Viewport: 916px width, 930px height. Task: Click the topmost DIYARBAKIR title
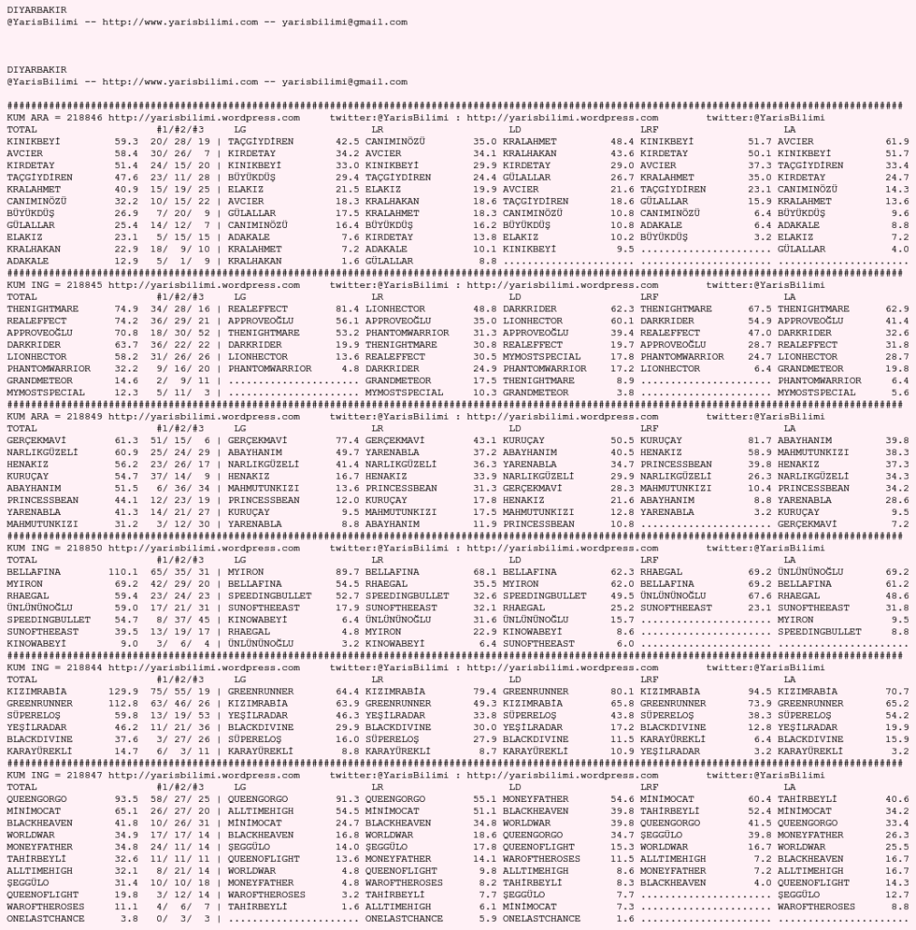click(36, 10)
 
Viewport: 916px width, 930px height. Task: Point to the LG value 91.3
click(348, 799)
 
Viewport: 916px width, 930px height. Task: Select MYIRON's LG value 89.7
click(348, 571)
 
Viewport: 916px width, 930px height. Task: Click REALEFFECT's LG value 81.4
click(348, 309)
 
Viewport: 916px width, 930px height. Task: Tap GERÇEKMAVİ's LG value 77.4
click(348, 440)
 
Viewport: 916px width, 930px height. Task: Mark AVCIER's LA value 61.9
click(897, 142)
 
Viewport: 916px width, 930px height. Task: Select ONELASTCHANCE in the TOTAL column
click(45, 918)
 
